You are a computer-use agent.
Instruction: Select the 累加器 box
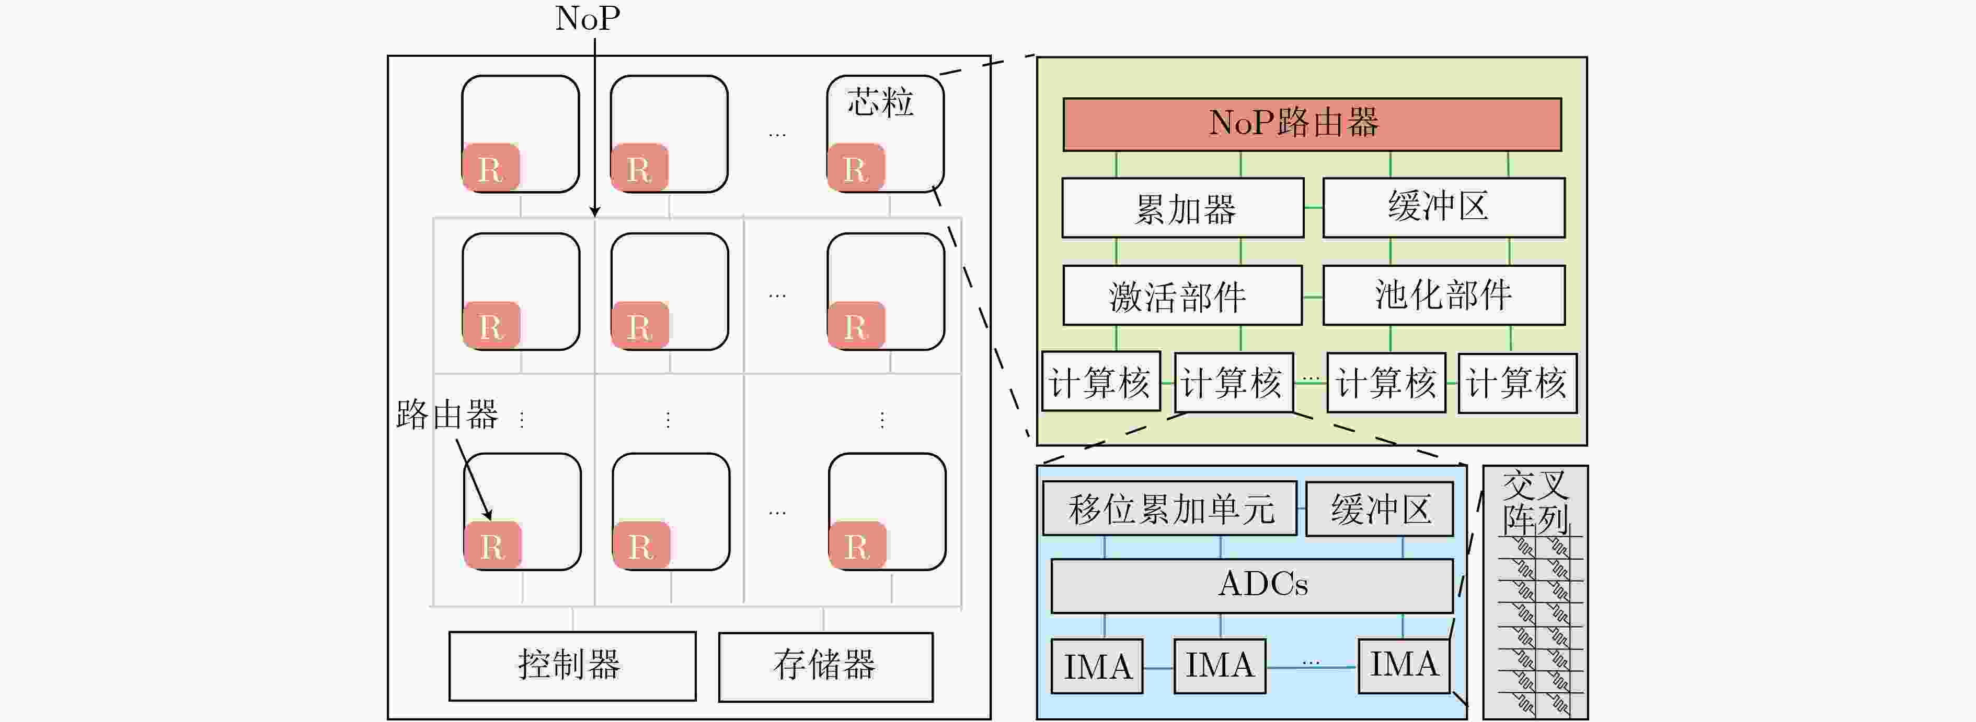(1183, 208)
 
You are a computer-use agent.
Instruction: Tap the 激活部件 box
(1182, 295)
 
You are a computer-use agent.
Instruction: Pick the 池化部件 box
(1444, 295)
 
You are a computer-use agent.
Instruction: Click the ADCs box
(1252, 586)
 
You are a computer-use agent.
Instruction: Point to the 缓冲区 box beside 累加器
(1444, 208)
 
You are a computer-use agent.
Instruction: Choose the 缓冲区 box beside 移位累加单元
(1379, 508)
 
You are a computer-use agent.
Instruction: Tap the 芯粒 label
(880, 102)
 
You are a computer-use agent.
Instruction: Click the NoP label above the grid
(588, 18)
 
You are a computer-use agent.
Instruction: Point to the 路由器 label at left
(447, 415)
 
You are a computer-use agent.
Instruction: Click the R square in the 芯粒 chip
(855, 167)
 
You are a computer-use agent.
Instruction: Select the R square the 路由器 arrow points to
(492, 545)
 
